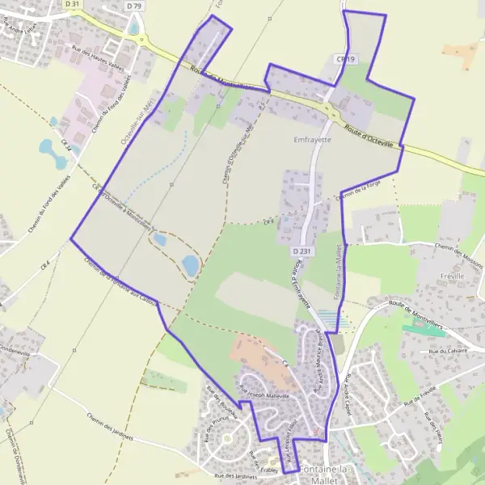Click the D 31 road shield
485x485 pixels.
[x=72, y=4]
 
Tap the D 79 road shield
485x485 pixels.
[x=133, y=6]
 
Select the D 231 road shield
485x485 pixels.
[x=301, y=251]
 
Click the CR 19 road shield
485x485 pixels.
[x=346, y=59]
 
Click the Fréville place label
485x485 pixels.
[x=449, y=276]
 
